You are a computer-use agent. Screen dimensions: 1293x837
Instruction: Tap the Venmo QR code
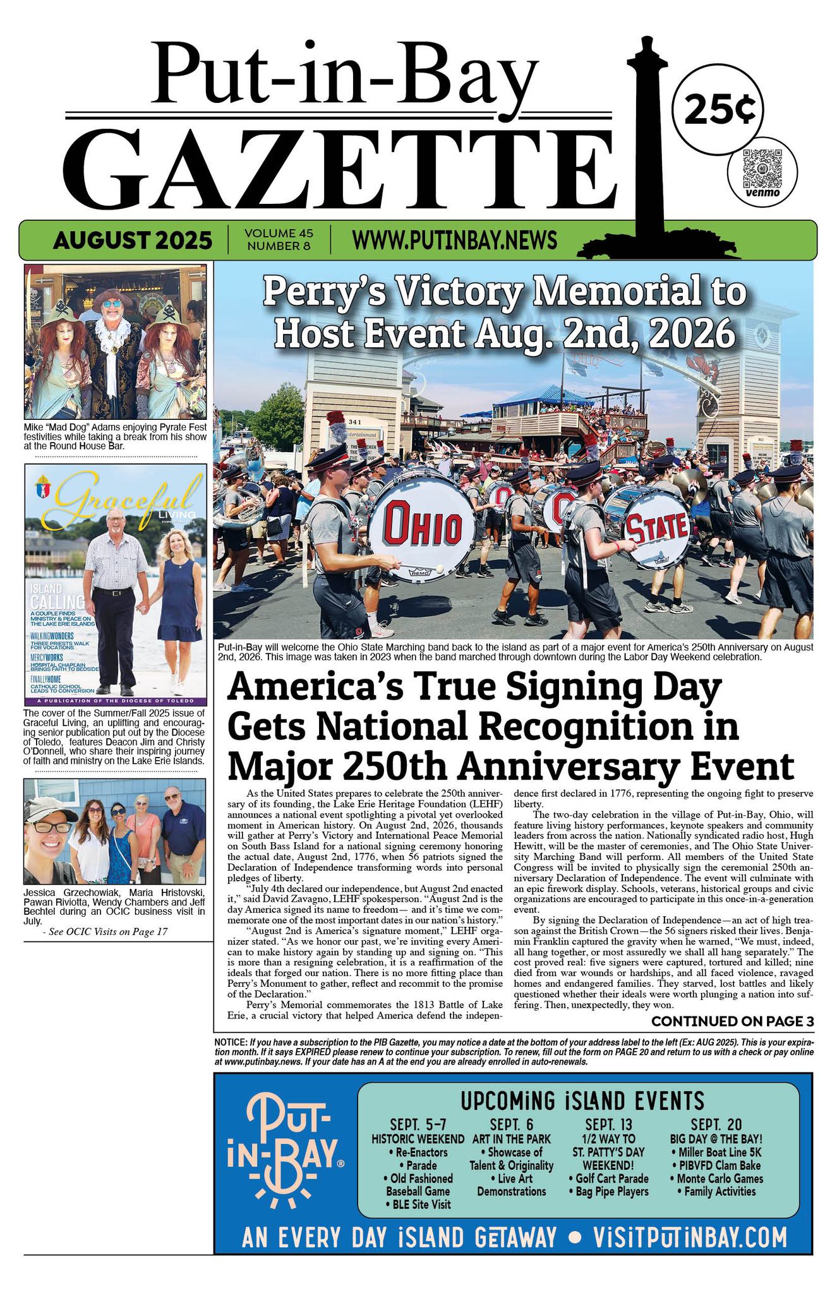click(x=761, y=167)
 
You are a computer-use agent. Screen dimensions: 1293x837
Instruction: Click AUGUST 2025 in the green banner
click(x=133, y=240)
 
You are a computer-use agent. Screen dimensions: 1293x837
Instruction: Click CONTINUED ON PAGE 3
click(x=732, y=1022)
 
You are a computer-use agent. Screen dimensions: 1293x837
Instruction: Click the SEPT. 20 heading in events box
click(x=716, y=1124)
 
